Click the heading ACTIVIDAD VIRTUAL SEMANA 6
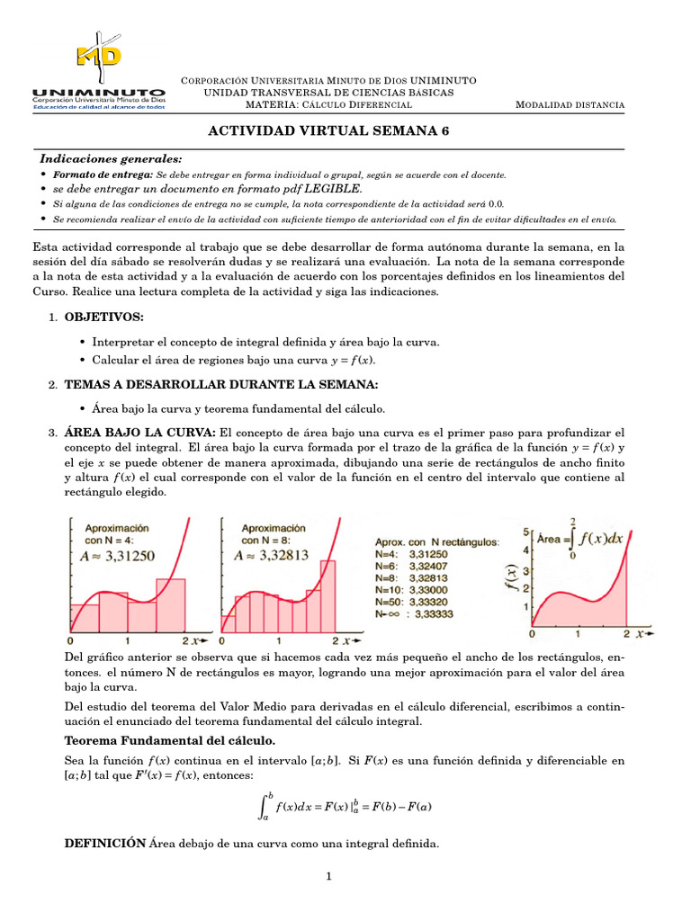pos(328,130)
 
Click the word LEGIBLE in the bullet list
pos(333,189)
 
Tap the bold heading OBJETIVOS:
pos(103,317)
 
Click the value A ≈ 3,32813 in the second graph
pos(271,555)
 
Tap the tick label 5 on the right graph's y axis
pos(527,532)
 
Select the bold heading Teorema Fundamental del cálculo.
pos(170,740)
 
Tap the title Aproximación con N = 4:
pos(118,534)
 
